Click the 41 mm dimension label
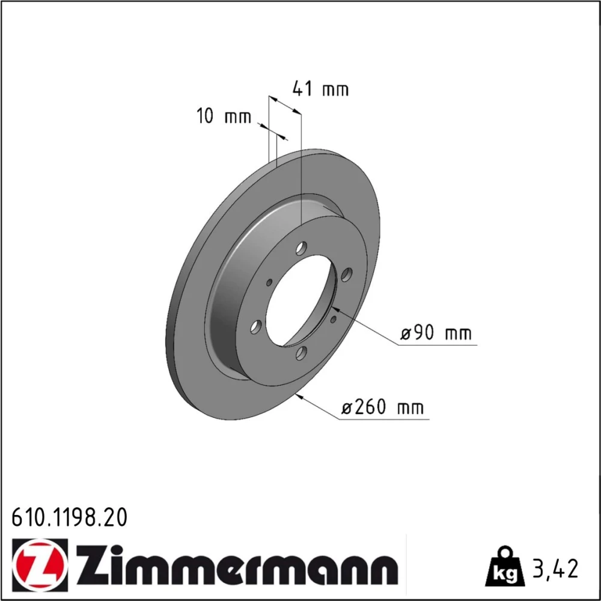320,89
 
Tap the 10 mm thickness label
224,116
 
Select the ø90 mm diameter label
436,333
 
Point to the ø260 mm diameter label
382,407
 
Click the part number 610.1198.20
69,517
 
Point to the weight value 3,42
554,569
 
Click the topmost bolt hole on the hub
302,248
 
